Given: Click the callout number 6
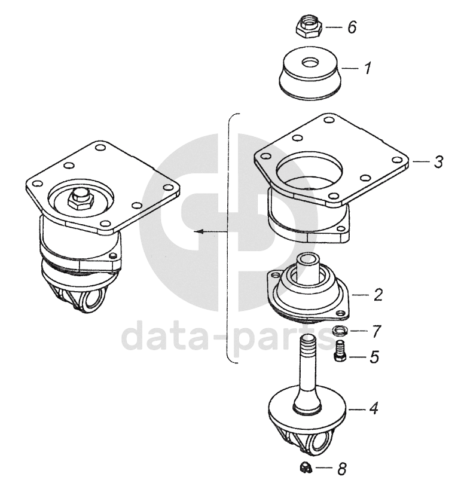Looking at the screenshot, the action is click(x=352, y=27).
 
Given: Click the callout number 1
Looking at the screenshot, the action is click(x=367, y=68).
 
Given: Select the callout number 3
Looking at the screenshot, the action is click(x=438, y=161).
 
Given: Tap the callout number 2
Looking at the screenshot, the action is click(x=378, y=294).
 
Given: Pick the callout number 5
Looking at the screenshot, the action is click(x=374, y=357).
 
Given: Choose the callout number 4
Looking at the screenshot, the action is click(x=374, y=409).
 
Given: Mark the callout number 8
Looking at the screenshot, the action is click(x=342, y=469).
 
